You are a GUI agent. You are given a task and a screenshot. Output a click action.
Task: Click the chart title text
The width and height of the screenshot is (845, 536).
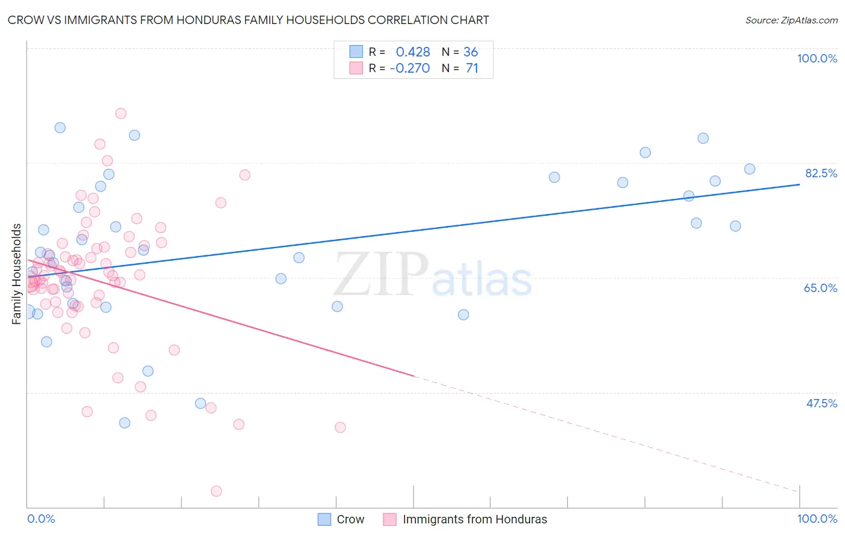click(x=248, y=20)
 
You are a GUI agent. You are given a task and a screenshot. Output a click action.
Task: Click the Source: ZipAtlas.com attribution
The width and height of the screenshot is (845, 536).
click(x=792, y=20)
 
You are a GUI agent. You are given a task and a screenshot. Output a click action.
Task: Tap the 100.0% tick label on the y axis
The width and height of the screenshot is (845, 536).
click(x=817, y=58)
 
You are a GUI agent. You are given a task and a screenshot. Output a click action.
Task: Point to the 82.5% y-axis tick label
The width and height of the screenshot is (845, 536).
click(x=821, y=173)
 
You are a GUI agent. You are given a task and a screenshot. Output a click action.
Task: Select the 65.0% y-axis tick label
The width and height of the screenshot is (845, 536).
click(x=820, y=288)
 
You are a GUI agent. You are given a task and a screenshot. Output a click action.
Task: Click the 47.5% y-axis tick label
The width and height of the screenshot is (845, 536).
click(x=821, y=403)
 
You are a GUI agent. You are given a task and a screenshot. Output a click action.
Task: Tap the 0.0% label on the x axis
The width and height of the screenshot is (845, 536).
click(x=41, y=519)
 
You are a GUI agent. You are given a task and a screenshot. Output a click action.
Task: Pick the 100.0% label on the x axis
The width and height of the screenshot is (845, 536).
click(x=817, y=519)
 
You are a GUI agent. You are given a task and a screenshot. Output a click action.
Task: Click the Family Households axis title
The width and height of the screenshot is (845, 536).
click(x=17, y=274)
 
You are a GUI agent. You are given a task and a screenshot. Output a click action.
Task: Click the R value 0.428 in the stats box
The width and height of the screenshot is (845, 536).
click(x=413, y=52)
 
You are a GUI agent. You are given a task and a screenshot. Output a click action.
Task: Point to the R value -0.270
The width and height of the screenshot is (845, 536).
click(x=410, y=69)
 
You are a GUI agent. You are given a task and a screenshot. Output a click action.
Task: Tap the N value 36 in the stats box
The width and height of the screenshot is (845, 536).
click(x=471, y=52)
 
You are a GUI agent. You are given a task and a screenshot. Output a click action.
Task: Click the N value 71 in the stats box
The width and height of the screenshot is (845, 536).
click(x=472, y=69)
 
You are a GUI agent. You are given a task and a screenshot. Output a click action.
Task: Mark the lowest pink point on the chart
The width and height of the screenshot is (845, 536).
click(x=216, y=491)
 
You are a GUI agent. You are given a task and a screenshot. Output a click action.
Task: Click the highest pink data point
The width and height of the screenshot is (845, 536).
click(x=121, y=114)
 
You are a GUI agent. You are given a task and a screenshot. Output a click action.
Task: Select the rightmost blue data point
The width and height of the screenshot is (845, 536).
click(x=749, y=169)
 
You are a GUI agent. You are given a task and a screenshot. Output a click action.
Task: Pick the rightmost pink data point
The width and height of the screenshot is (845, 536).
click(x=340, y=427)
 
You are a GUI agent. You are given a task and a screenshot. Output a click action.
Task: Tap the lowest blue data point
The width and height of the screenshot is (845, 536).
click(x=124, y=423)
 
